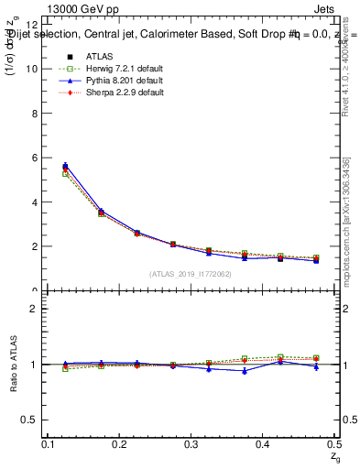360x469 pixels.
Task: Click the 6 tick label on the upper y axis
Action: pyautogui.click(x=34, y=158)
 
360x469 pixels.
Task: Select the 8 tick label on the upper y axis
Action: pyautogui.click(x=34, y=114)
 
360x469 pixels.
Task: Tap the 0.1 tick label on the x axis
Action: pyautogui.click(x=49, y=444)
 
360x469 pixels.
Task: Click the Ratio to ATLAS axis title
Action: pyautogui.click(x=13, y=365)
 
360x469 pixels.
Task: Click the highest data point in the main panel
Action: pyautogui.click(x=65, y=167)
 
